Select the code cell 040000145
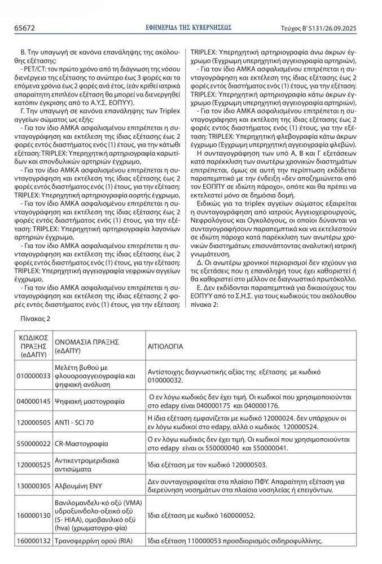pyautogui.click(x=33, y=402)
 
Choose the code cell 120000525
pyautogui.click(x=33, y=464)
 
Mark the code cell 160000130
pyautogui.click(x=33, y=515)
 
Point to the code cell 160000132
pyautogui.click(x=33, y=541)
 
